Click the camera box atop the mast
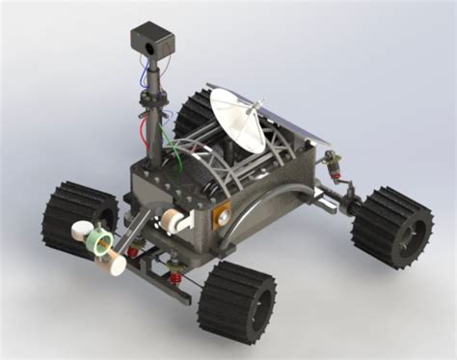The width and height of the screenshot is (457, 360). click(151, 40)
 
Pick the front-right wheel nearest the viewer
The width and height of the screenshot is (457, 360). click(237, 300)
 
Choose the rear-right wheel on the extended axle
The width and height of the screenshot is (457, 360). click(390, 228)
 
